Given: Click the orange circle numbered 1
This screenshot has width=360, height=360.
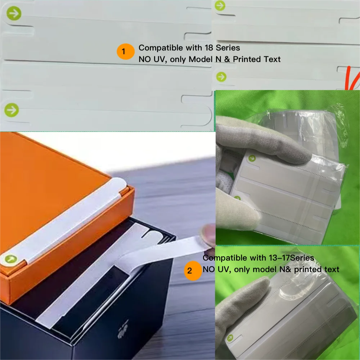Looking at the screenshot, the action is (125, 51).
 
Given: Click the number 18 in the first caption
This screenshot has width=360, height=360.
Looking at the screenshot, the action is (209, 48).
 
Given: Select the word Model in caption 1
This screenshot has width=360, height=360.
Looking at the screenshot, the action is (200, 59).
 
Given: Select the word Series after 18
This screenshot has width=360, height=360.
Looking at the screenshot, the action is (228, 48).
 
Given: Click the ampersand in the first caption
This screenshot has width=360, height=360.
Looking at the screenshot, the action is (227, 59).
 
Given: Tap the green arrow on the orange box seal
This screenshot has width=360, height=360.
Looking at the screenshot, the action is (10, 259).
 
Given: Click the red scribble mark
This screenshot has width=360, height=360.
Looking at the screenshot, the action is (352, 78).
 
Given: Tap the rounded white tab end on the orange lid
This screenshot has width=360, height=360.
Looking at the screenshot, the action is (120, 185).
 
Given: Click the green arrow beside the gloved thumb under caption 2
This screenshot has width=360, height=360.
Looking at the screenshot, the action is (230, 338).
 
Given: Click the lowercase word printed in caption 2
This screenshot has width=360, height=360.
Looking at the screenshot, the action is (308, 269).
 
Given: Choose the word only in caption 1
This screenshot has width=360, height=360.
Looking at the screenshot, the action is (178, 59).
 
